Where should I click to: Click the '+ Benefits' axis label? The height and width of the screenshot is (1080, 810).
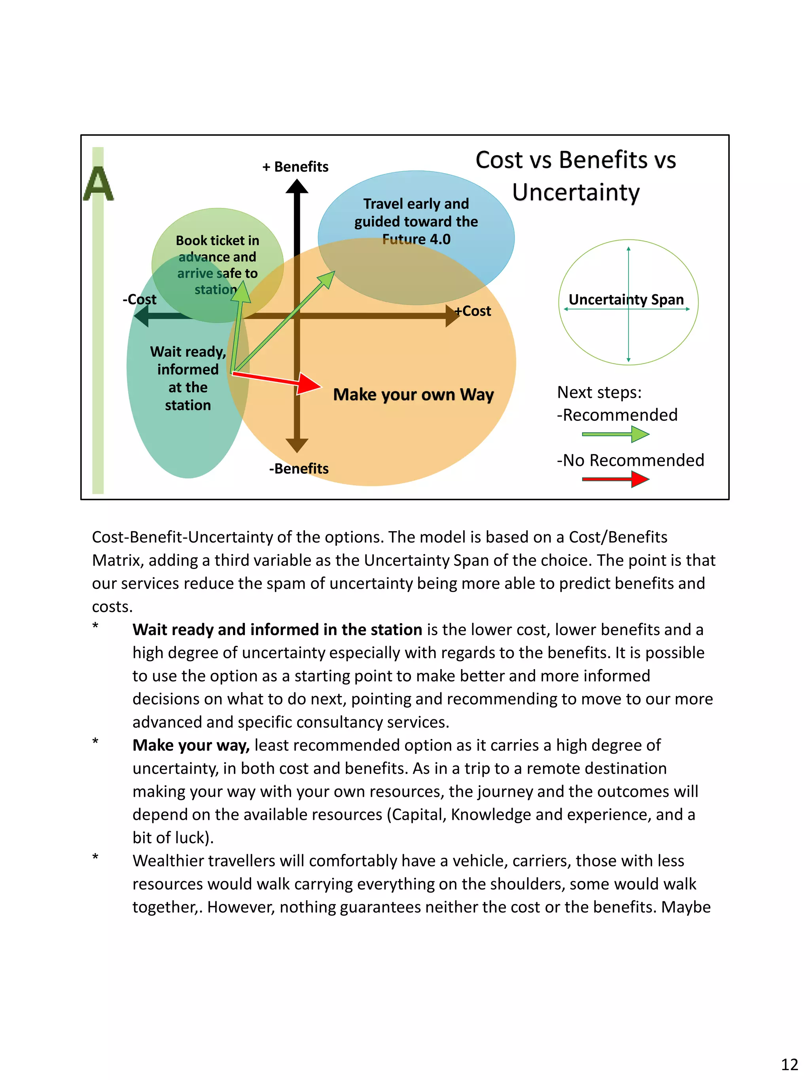[295, 167]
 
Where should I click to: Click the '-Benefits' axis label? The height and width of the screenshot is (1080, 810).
[299, 469]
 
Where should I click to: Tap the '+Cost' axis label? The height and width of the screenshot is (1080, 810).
[473, 311]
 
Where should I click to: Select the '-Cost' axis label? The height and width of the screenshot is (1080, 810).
[140, 299]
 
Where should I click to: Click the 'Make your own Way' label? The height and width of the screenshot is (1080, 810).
[413, 395]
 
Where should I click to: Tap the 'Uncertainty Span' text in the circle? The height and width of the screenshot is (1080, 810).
[626, 299]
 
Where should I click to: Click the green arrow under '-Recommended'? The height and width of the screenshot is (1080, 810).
[615, 434]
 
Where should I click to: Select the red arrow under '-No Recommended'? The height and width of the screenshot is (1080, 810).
[615, 479]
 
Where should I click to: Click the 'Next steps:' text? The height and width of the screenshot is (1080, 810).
[599, 393]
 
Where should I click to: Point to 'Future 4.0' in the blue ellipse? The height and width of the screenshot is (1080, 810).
[416, 239]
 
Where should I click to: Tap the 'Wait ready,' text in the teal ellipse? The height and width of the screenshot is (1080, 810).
[188, 352]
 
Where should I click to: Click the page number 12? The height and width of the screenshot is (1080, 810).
[789, 1064]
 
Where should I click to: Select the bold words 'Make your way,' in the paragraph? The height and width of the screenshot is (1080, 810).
[191, 745]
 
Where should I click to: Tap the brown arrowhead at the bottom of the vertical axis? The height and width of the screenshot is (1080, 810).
[297, 445]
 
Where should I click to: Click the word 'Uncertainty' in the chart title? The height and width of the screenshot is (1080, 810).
[575, 192]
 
